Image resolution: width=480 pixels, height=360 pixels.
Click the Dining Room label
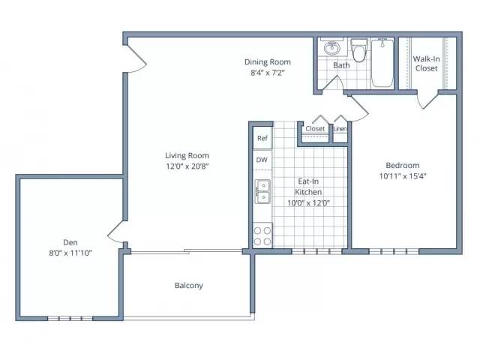point(268,61)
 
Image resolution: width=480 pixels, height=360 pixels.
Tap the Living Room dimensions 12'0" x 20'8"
point(187,166)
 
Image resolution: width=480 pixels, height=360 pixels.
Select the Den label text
point(70,242)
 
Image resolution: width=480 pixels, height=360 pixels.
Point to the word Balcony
point(189,285)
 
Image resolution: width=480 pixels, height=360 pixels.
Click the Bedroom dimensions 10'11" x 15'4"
point(403,176)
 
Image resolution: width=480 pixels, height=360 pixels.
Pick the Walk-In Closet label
point(427,63)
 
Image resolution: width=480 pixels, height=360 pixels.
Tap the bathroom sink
point(331,48)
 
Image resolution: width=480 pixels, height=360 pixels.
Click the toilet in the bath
point(358,50)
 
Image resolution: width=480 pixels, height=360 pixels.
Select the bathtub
point(382,63)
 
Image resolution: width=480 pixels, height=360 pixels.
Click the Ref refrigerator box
point(262,138)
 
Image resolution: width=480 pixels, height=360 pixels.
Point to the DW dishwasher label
point(262,160)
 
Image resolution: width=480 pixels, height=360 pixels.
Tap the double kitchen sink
point(262,192)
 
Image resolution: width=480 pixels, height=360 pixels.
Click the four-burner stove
point(262,235)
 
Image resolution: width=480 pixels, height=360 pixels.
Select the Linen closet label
point(340,129)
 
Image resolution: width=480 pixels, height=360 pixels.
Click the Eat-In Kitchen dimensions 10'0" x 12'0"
point(308,202)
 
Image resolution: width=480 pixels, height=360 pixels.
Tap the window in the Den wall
point(70,318)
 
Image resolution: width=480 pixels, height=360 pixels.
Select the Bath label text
point(341,65)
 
